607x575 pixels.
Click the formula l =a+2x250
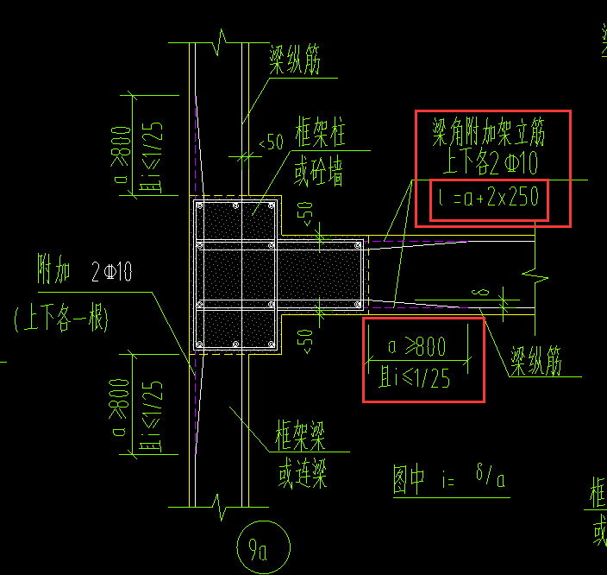[488, 199]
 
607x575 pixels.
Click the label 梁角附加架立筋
[489, 131]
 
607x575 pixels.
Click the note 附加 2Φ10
[84, 273]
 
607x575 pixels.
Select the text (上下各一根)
[60, 320]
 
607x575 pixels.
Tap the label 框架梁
[300, 438]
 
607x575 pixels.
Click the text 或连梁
[302, 474]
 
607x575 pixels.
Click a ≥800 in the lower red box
[416, 347]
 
